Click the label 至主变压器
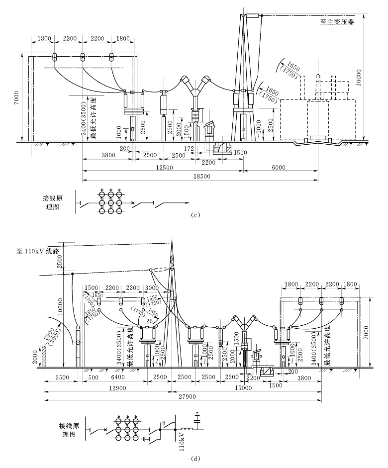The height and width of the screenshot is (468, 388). [x=337, y=22]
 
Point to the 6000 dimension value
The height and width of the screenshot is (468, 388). [x=279, y=168]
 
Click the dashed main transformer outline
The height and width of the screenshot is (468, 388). [x=318, y=119]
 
